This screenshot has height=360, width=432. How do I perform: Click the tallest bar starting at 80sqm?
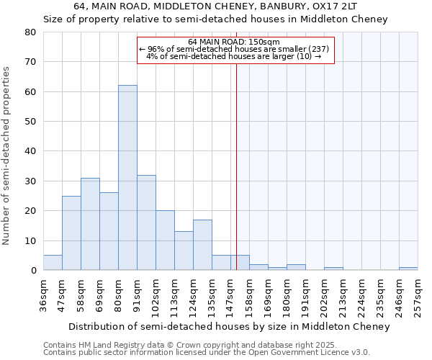coord(127,178)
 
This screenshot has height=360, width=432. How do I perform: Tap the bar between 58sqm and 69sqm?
coord(90,224)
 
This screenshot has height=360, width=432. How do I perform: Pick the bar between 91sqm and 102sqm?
coord(146,222)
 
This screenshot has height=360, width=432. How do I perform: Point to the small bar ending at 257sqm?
coord(408,269)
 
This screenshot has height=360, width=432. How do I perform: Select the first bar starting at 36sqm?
coord(53,263)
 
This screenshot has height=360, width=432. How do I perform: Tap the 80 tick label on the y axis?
coord(30,32)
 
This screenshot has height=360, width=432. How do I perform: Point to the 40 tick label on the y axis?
coord(30,151)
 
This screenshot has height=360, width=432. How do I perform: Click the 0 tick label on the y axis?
coord(32,270)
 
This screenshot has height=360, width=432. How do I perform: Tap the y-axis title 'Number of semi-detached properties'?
coord(7,155)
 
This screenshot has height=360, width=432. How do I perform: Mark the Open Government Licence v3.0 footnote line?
coord(207,352)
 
